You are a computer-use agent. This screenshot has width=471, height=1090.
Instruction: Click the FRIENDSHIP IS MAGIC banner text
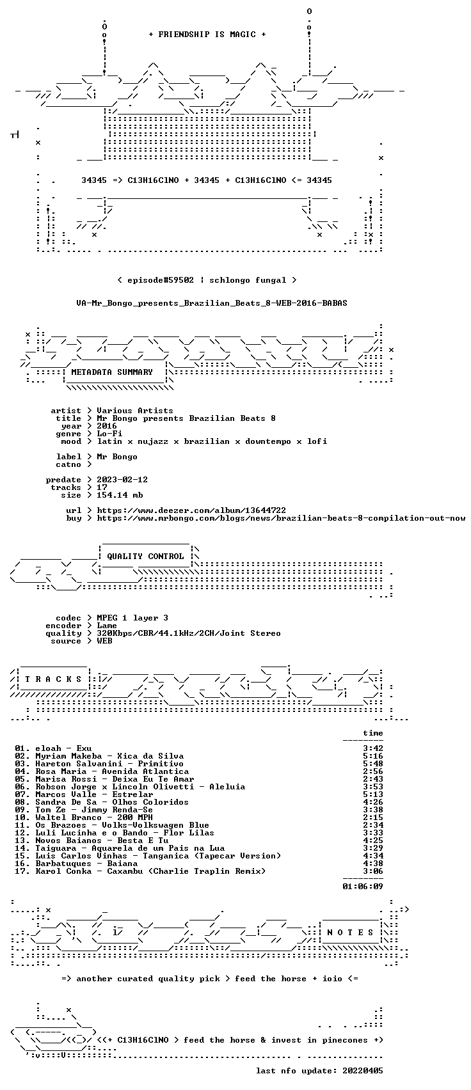click(207, 35)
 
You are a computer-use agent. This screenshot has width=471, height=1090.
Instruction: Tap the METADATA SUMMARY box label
click(112, 372)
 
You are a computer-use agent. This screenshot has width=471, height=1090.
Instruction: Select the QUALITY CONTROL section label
click(145, 556)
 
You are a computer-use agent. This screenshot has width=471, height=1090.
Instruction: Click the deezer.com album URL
click(191, 510)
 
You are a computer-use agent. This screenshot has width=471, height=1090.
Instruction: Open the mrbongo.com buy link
click(281, 518)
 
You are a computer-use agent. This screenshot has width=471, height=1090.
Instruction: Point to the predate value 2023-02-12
click(122, 480)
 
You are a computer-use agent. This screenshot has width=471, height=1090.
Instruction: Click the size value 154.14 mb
click(120, 495)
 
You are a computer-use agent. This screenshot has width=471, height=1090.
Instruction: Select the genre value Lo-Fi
click(109, 434)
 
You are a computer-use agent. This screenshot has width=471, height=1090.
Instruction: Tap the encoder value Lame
click(107, 626)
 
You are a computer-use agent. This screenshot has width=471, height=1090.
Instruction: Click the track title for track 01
click(84, 748)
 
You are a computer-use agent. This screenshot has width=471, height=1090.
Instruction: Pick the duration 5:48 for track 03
click(372, 764)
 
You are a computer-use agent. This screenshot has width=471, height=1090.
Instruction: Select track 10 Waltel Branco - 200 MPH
click(84, 817)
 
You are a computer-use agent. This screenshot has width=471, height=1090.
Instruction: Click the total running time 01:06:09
click(362, 887)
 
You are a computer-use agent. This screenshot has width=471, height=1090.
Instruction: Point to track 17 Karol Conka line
click(140, 871)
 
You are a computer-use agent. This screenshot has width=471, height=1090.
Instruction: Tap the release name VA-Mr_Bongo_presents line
click(212, 303)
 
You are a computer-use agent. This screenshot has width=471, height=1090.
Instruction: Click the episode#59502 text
click(161, 280)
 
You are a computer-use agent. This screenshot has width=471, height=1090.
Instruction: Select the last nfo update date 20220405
click(362, 1071)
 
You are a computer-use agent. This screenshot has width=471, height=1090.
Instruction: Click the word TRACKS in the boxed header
click(53, 679)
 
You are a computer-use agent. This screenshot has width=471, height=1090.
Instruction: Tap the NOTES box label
click(350, 933)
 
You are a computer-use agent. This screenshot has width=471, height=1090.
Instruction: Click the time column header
click(372, 733)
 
